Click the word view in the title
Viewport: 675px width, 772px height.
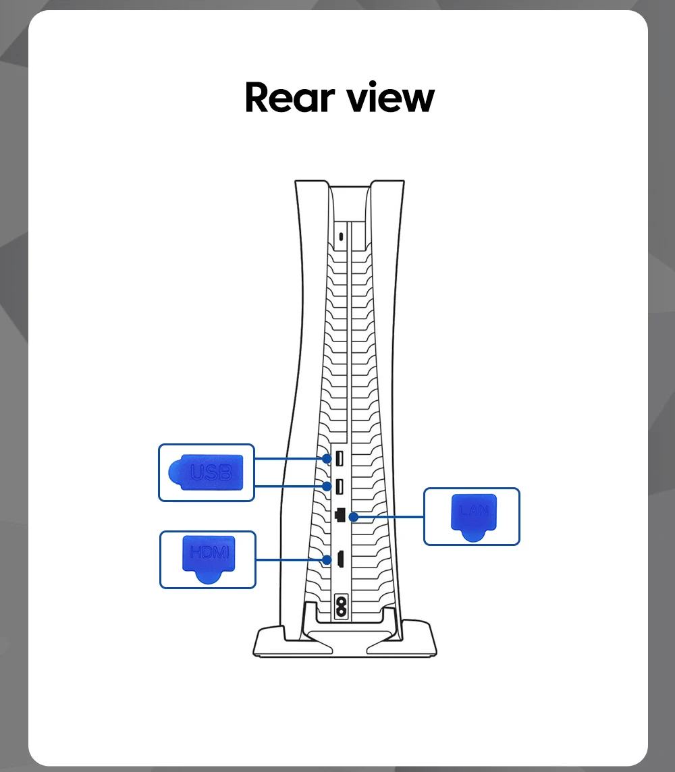(x=390, y=97)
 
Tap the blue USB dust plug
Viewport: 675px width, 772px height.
(x=205, y=472)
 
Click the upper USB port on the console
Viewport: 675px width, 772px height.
(x=340, y=458)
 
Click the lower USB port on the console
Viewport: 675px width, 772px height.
(x=340, y=486)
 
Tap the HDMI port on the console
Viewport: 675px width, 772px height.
(x=341, y=559)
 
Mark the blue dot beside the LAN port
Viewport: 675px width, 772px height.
(x=352, y=516)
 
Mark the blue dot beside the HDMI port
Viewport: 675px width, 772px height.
(x=327, y=559)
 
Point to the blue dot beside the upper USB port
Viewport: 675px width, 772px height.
(x=327, y=458)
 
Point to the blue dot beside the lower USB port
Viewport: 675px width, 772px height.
(x=327, y=486)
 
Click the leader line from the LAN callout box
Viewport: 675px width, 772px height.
(x=388, y=516)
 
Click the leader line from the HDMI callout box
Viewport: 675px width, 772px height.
(x=290, y=559)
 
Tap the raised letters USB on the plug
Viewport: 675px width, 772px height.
(x=211, y=472)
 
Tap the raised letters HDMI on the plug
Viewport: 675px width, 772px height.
(x=209, y=553)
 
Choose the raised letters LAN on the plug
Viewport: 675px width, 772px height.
(x=473, y=509)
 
